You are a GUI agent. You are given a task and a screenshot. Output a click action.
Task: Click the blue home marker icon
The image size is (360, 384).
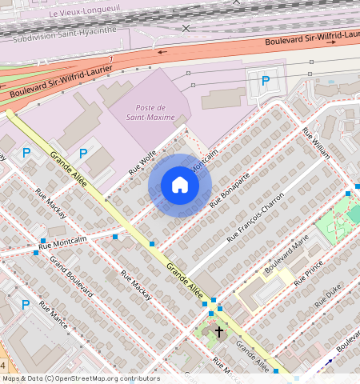pos(180,186)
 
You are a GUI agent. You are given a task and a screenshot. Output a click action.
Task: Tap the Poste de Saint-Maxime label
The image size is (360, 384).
pos(150,113)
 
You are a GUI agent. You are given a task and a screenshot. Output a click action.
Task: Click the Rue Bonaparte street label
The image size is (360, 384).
pos(230,189)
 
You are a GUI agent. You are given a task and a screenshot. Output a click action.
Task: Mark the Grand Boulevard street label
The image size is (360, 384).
pos(71,277)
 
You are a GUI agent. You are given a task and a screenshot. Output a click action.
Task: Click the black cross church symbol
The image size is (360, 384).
pos(219,330)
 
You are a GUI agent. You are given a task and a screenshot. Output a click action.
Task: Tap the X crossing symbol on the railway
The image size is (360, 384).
pos(186,28)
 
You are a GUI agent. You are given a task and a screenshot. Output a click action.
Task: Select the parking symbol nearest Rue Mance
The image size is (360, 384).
pos(26,305)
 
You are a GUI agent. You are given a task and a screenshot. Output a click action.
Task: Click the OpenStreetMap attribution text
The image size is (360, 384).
pos(80,378)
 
